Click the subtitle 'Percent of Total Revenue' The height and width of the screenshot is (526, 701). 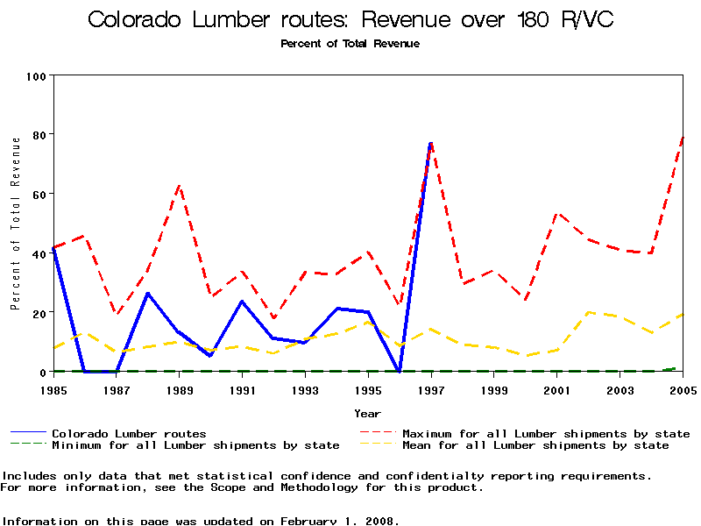click(350, 43)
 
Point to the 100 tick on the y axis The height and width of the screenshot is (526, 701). click(36, 76)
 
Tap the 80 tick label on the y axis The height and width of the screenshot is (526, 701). click(39, 135)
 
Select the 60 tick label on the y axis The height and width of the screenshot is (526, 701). click(39, 194)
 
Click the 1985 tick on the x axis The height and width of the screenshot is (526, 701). click(53, 389)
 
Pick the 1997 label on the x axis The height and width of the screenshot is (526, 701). click(431, 389)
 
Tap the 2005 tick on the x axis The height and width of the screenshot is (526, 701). click(683, 389)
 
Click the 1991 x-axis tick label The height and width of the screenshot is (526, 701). click(242, 389)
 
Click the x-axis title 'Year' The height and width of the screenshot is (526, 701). click(367, 413)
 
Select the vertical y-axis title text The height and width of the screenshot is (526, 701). click(15, 224)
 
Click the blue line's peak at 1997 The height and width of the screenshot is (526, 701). click(431, 143)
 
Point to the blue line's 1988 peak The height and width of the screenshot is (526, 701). click(148, 293)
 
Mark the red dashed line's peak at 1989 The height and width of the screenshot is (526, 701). click(180, 185)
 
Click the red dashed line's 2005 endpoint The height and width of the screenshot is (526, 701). click(683, 137)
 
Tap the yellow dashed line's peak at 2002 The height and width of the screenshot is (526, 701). click(589, 312)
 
